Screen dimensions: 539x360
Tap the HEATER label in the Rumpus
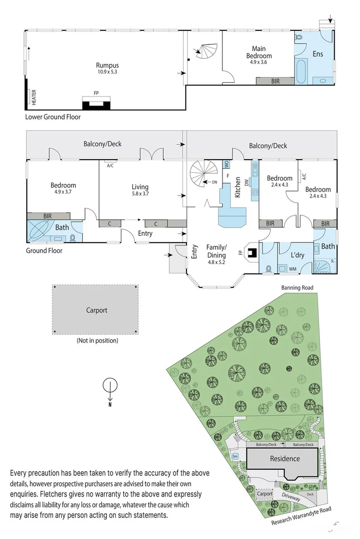point(34,97)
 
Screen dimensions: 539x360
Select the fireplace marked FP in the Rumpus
point(96,104)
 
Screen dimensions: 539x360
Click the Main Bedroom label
point(259,52)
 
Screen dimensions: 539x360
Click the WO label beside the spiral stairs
point(227,165)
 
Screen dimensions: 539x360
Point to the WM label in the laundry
point(292,269)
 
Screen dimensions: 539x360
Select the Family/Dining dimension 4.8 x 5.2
point(216,263)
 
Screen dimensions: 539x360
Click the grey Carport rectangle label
point(96,310)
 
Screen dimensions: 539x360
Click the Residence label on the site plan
point(285,459)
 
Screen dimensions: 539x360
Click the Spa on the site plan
point(235,456)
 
